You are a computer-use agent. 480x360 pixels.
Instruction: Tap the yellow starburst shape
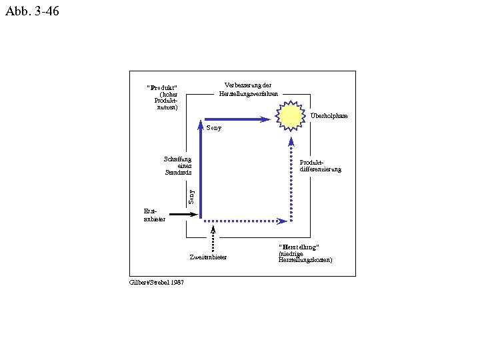(x=291, y=117)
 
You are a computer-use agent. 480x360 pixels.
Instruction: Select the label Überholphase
(x=329, y=116)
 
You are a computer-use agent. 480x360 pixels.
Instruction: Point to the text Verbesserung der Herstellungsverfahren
(x=248, y=89)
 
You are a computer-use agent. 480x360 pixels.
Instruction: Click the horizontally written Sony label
(x=213, y=127)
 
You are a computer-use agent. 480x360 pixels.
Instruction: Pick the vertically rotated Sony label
(x=191, y=196)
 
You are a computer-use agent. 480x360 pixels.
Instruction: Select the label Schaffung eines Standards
(x=178, y=165)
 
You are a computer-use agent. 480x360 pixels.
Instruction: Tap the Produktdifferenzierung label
(x=320, y=165)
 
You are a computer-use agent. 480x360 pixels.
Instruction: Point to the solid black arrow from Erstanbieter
(x=183, y=215)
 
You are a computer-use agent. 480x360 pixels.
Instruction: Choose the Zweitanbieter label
(x=208, y=257)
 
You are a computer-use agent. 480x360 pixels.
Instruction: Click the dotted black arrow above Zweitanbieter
(x=213, y=239)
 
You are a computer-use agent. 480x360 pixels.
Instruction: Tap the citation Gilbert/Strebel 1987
(x=157, y=282)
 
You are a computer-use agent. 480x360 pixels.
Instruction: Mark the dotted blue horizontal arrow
(x=245, y=221)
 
